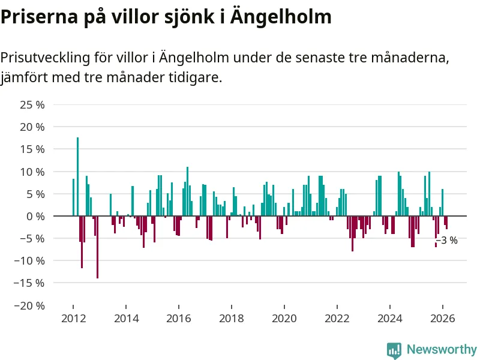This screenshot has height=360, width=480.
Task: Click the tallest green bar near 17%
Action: (x=77, y=176)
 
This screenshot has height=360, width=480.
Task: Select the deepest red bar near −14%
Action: (x=97, y=247)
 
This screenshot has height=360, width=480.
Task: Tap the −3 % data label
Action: (x=447, y=241)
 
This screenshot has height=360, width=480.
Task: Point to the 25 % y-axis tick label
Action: (x=33, y=105)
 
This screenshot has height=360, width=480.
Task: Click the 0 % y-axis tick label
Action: (x=35, y=216)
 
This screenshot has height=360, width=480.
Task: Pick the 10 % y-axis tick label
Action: (x=33, y=172)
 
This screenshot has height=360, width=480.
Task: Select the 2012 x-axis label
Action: (x=73, y=319)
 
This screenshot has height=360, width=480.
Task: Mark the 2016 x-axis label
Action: (x=178, y=319)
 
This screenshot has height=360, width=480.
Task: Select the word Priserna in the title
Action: (x=37, y=17)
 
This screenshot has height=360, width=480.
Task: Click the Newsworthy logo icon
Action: (x=394, y=350)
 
